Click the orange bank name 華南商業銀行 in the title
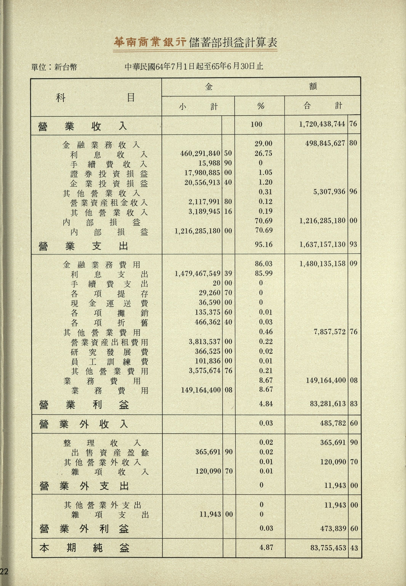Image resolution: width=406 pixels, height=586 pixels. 150,42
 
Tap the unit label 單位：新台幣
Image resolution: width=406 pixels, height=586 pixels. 54,67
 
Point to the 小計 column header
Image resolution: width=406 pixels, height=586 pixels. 198,106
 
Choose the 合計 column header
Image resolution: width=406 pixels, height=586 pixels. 323,106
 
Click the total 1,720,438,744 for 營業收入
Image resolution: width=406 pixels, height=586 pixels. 322,124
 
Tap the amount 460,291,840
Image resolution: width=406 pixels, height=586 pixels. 200,153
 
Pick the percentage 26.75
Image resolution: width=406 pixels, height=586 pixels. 263,153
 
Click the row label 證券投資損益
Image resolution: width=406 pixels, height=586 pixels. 109,174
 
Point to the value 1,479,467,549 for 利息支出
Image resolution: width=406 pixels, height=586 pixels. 197,274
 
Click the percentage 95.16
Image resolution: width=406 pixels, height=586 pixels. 263,244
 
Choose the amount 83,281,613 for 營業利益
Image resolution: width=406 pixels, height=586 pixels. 328,404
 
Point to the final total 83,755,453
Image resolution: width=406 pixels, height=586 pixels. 328,548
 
